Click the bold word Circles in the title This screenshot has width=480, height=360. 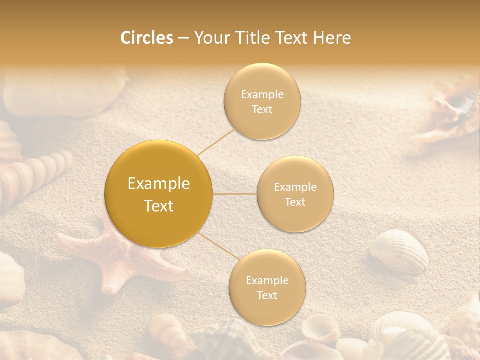pyautogui.click(x=146, y=38)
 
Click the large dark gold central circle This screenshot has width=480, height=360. pyautogui.click(x=158, y=194)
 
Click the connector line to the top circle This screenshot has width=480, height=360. pyautogui.click(x=216, y=142)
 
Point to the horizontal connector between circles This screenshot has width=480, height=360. pyautogui.click(x=234, y=193)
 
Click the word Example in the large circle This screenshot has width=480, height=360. pyautogui.click(x=159, y=184)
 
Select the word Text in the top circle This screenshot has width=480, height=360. pyautogui.click(x=262, y=110)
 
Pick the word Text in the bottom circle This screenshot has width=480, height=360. pyautogui.click(x=267, y=295)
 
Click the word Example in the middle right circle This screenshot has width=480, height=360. pyautogui.click(x=295, y=187)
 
